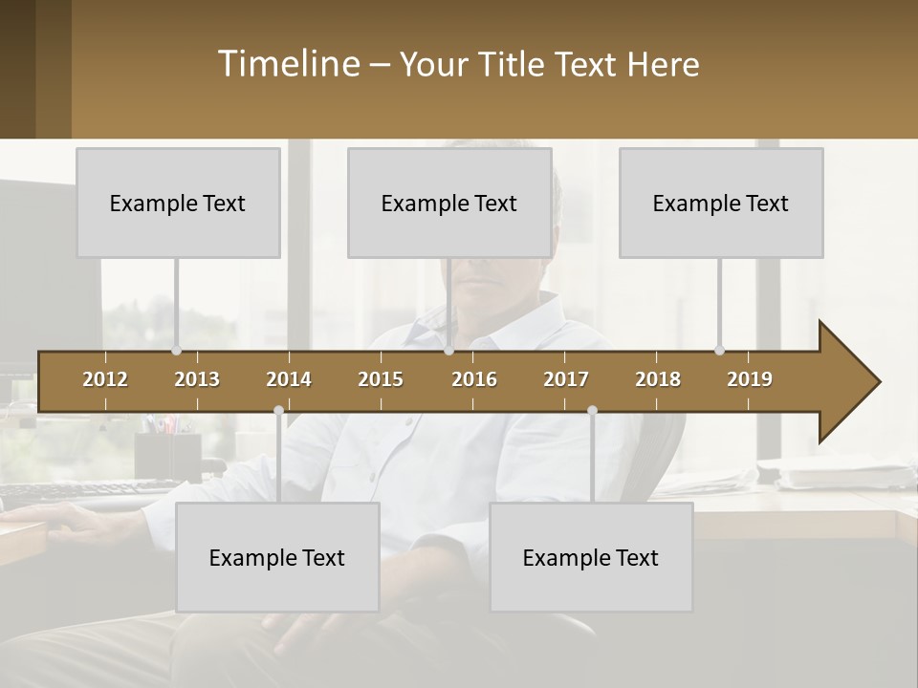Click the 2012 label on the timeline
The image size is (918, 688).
(105, 379)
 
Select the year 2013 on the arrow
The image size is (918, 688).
(197, 379)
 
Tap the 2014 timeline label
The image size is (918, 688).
(289, 379)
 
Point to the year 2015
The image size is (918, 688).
(381, 379)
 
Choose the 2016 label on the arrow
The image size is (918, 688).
(474, 379)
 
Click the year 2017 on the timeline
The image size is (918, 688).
(566, 379)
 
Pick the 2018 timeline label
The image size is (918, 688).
(658, 379)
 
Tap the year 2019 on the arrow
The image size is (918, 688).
(750, 379)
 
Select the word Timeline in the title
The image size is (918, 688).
(287, 64)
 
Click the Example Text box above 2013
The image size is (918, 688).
(178, 203)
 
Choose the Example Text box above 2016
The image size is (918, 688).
(449, 203)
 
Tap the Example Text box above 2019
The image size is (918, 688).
(721, 203)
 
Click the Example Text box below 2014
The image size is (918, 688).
(277, 557)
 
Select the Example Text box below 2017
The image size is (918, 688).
(591, 557)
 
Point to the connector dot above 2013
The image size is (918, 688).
(176, 351)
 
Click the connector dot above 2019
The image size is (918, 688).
(719, 351)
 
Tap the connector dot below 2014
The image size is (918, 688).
(278, 410)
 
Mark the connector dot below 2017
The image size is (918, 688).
(592, 410)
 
